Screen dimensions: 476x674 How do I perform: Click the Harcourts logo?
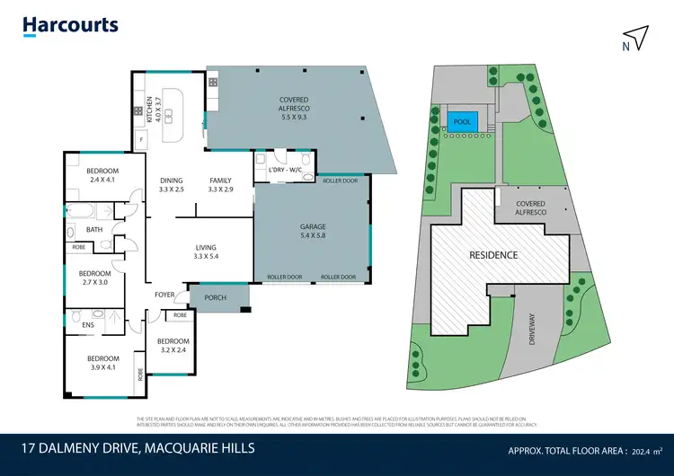click(x=70, y=25)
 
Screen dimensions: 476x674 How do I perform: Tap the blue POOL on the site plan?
click(x=462, y=121)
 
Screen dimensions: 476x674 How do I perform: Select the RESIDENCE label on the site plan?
click(x=493, y=255)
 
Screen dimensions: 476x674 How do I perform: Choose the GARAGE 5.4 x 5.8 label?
click(x=312, y=233)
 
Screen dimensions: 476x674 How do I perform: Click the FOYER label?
click(x=164, y=294)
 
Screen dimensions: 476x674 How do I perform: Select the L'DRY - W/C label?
click(x=283, y=168)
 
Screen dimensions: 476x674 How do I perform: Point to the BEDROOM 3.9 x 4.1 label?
click(x=102, y=362)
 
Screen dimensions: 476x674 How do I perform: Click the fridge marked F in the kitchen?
click(x=141, y=140)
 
